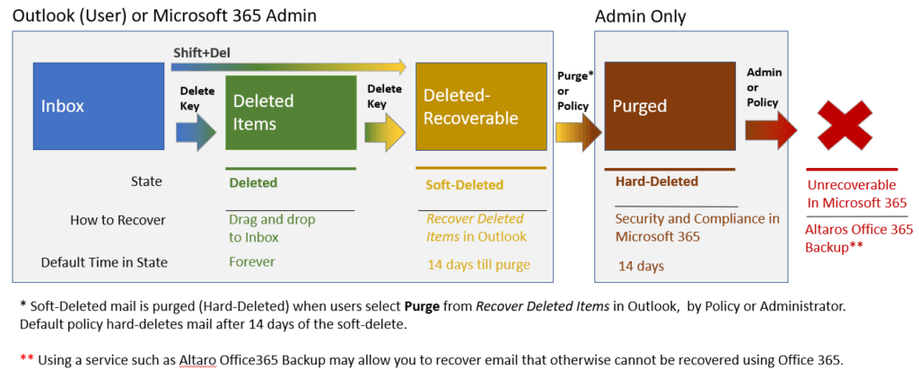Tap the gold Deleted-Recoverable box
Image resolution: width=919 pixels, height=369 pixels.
pos(480,107)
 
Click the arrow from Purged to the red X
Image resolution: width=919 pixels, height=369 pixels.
pos(770,128)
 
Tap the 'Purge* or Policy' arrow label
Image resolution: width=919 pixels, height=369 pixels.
pos(573,91)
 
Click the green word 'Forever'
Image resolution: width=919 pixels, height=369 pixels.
pos(252,262)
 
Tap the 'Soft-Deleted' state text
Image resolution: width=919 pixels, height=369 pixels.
pos(465,185)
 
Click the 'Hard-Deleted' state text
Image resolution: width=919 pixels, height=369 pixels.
pos(656,181)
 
